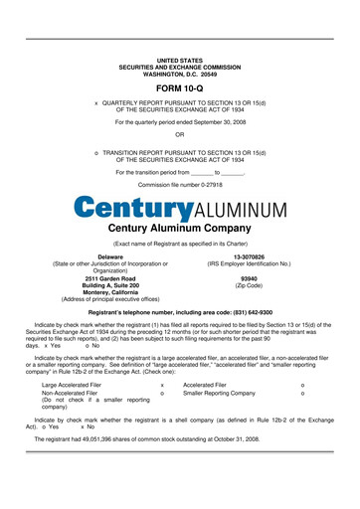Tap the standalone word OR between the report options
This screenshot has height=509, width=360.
[x=179, y=133]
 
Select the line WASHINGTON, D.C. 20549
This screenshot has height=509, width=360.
[x=179, y=74]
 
